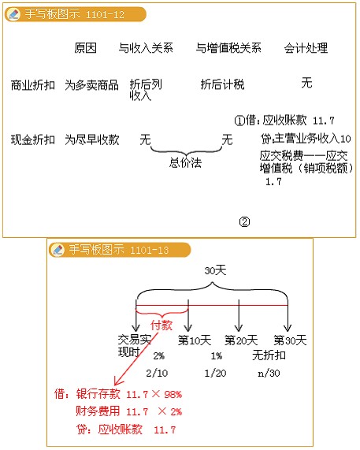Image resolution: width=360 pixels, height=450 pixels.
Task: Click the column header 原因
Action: click(x=86, y=48)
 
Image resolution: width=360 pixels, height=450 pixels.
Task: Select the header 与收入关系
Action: click(x=146, y=48)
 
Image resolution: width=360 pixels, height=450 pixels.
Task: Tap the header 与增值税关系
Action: click(x=228, y=48)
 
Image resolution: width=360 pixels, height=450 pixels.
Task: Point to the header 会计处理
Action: click(x=306, y=48)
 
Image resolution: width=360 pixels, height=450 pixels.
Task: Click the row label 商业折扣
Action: click(x=33, y=85)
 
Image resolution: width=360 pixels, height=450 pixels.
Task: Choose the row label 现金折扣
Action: click(x=33, y=139)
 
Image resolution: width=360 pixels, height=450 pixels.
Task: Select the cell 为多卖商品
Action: click(x=91, y=85)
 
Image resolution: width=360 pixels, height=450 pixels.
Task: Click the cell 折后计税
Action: click(x=222, y=84)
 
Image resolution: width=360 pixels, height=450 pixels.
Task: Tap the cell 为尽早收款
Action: click(x=92, y=139)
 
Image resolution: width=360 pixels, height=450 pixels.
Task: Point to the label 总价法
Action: click(x=185, y=162)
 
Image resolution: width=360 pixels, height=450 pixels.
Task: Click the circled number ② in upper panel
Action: click(x=244, y=221)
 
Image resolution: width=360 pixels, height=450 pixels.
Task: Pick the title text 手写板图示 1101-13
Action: click(x=119, y=250)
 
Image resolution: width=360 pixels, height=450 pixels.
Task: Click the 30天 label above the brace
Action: click(x=215, y=270)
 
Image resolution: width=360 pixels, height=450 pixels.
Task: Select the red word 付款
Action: click(x=161, y=325)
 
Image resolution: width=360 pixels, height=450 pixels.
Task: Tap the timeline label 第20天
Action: click(x=241, y=340)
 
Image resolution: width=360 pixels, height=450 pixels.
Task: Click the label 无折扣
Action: click(x=269, y=355)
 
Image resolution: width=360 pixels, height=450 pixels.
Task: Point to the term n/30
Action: click(x=269, y=373)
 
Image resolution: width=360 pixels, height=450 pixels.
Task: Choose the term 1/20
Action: click(x=215, y=373)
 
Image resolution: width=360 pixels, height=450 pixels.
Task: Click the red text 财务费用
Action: click(x=98, y=411)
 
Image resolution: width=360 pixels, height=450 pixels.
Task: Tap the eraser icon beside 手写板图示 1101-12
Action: click(x=13, y=13)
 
